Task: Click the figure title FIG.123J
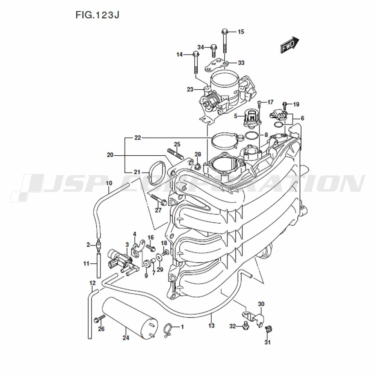pyautogui.click(x=97, y=15)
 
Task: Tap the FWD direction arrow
pyautogui.click(x=290, y=45)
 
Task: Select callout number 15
pyautogui.click(x=241, y=32)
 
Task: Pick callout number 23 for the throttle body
pyautogui.click(x=190, y=89)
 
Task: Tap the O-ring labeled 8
pyautogui.click(x=252, y=135)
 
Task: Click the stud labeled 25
pyautogui.click(x=175, y=154)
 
